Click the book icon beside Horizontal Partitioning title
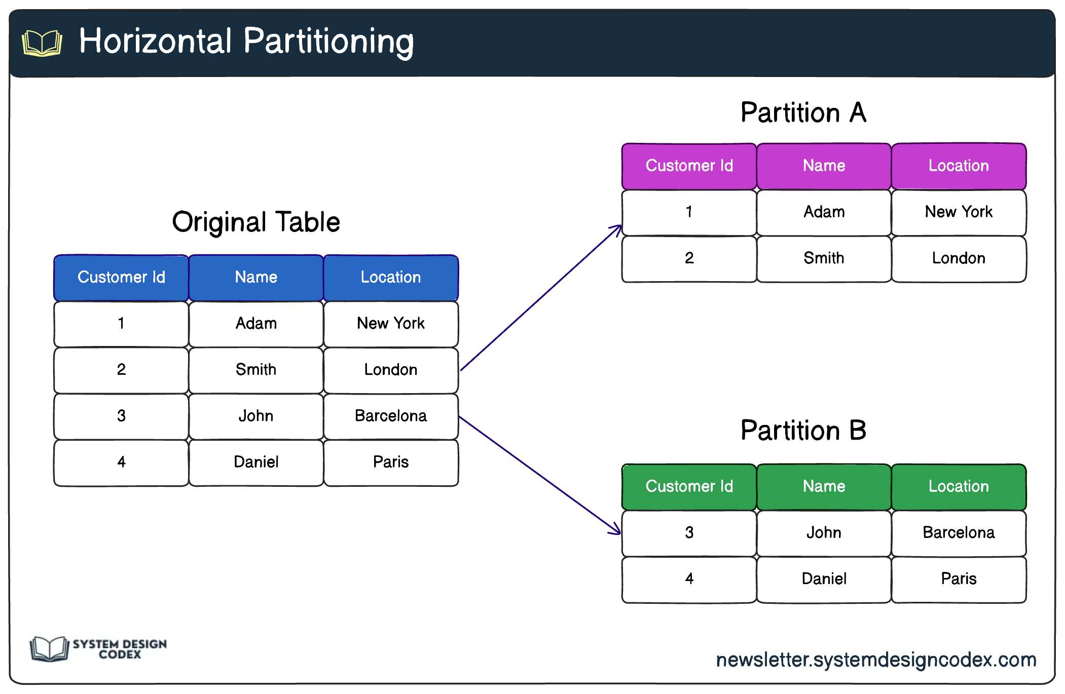point(42,43)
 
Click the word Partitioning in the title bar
point(328,42)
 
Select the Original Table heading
point(256,222)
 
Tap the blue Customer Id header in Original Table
point(121,277)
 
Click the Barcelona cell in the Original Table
point(391,416)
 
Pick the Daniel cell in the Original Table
point(256,462)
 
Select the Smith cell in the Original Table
point(256,370)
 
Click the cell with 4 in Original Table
point(121,462)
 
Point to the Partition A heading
point(803,112)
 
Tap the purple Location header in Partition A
point(959,166)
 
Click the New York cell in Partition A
point(959,212)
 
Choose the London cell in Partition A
point(959,258)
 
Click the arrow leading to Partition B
point(540,475)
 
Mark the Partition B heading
point(803,431)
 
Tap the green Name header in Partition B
point(824,486)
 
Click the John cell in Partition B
point(824,533)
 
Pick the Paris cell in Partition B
point(959,579)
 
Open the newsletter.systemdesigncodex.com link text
point(876,660)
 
